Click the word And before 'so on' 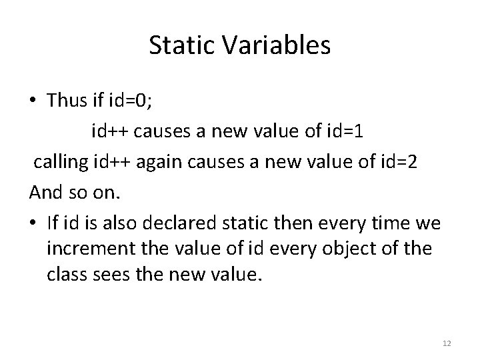(45, 193)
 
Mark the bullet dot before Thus (33, 101)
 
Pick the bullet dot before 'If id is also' (33, 224)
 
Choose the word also (109, 223)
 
